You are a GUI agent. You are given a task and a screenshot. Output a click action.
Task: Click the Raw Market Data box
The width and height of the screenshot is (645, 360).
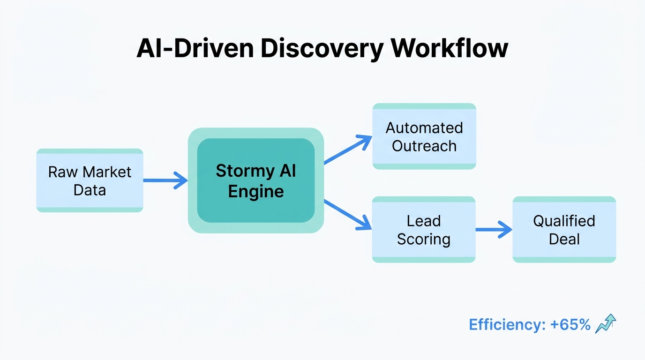pyautogui.click(x=90, y=180)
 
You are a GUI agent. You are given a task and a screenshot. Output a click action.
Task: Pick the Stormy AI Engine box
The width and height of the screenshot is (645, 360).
pyautogui.click(x=255, y=180)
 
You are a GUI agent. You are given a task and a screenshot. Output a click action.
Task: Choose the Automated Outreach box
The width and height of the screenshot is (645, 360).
pyautogui.click(x=424, y=136)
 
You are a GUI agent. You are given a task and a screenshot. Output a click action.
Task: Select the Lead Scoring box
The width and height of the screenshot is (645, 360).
pyautogui.click(x=423, y=230)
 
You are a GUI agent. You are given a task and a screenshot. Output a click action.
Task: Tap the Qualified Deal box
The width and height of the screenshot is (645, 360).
pyautogui.click(x=564, y=230)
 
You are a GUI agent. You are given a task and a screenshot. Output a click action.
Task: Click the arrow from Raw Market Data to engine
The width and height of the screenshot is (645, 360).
pyautogui.click(x=165, y=180)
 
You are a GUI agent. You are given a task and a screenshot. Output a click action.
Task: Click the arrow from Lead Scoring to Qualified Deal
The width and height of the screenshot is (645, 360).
pyautogui.click(x=493, y=230)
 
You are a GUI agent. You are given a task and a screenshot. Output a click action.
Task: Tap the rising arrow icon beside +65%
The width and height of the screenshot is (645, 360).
pyautogui.click(x=605, y=324)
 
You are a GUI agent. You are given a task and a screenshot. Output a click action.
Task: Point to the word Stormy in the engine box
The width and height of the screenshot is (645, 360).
pyautogui.click(x=242, y=171)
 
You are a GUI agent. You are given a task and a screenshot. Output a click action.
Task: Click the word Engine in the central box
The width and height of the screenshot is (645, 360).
pyautogui.click(x=255, y=191)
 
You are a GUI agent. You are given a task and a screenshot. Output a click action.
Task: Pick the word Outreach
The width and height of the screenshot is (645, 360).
pyautogui.click(x=424, y=146)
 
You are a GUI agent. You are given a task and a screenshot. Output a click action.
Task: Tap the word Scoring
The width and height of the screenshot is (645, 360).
pyautogui.click(x=423, y=239)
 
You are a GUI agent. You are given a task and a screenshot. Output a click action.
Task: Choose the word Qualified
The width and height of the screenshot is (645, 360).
pyautogui.click(x=564, y=221)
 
